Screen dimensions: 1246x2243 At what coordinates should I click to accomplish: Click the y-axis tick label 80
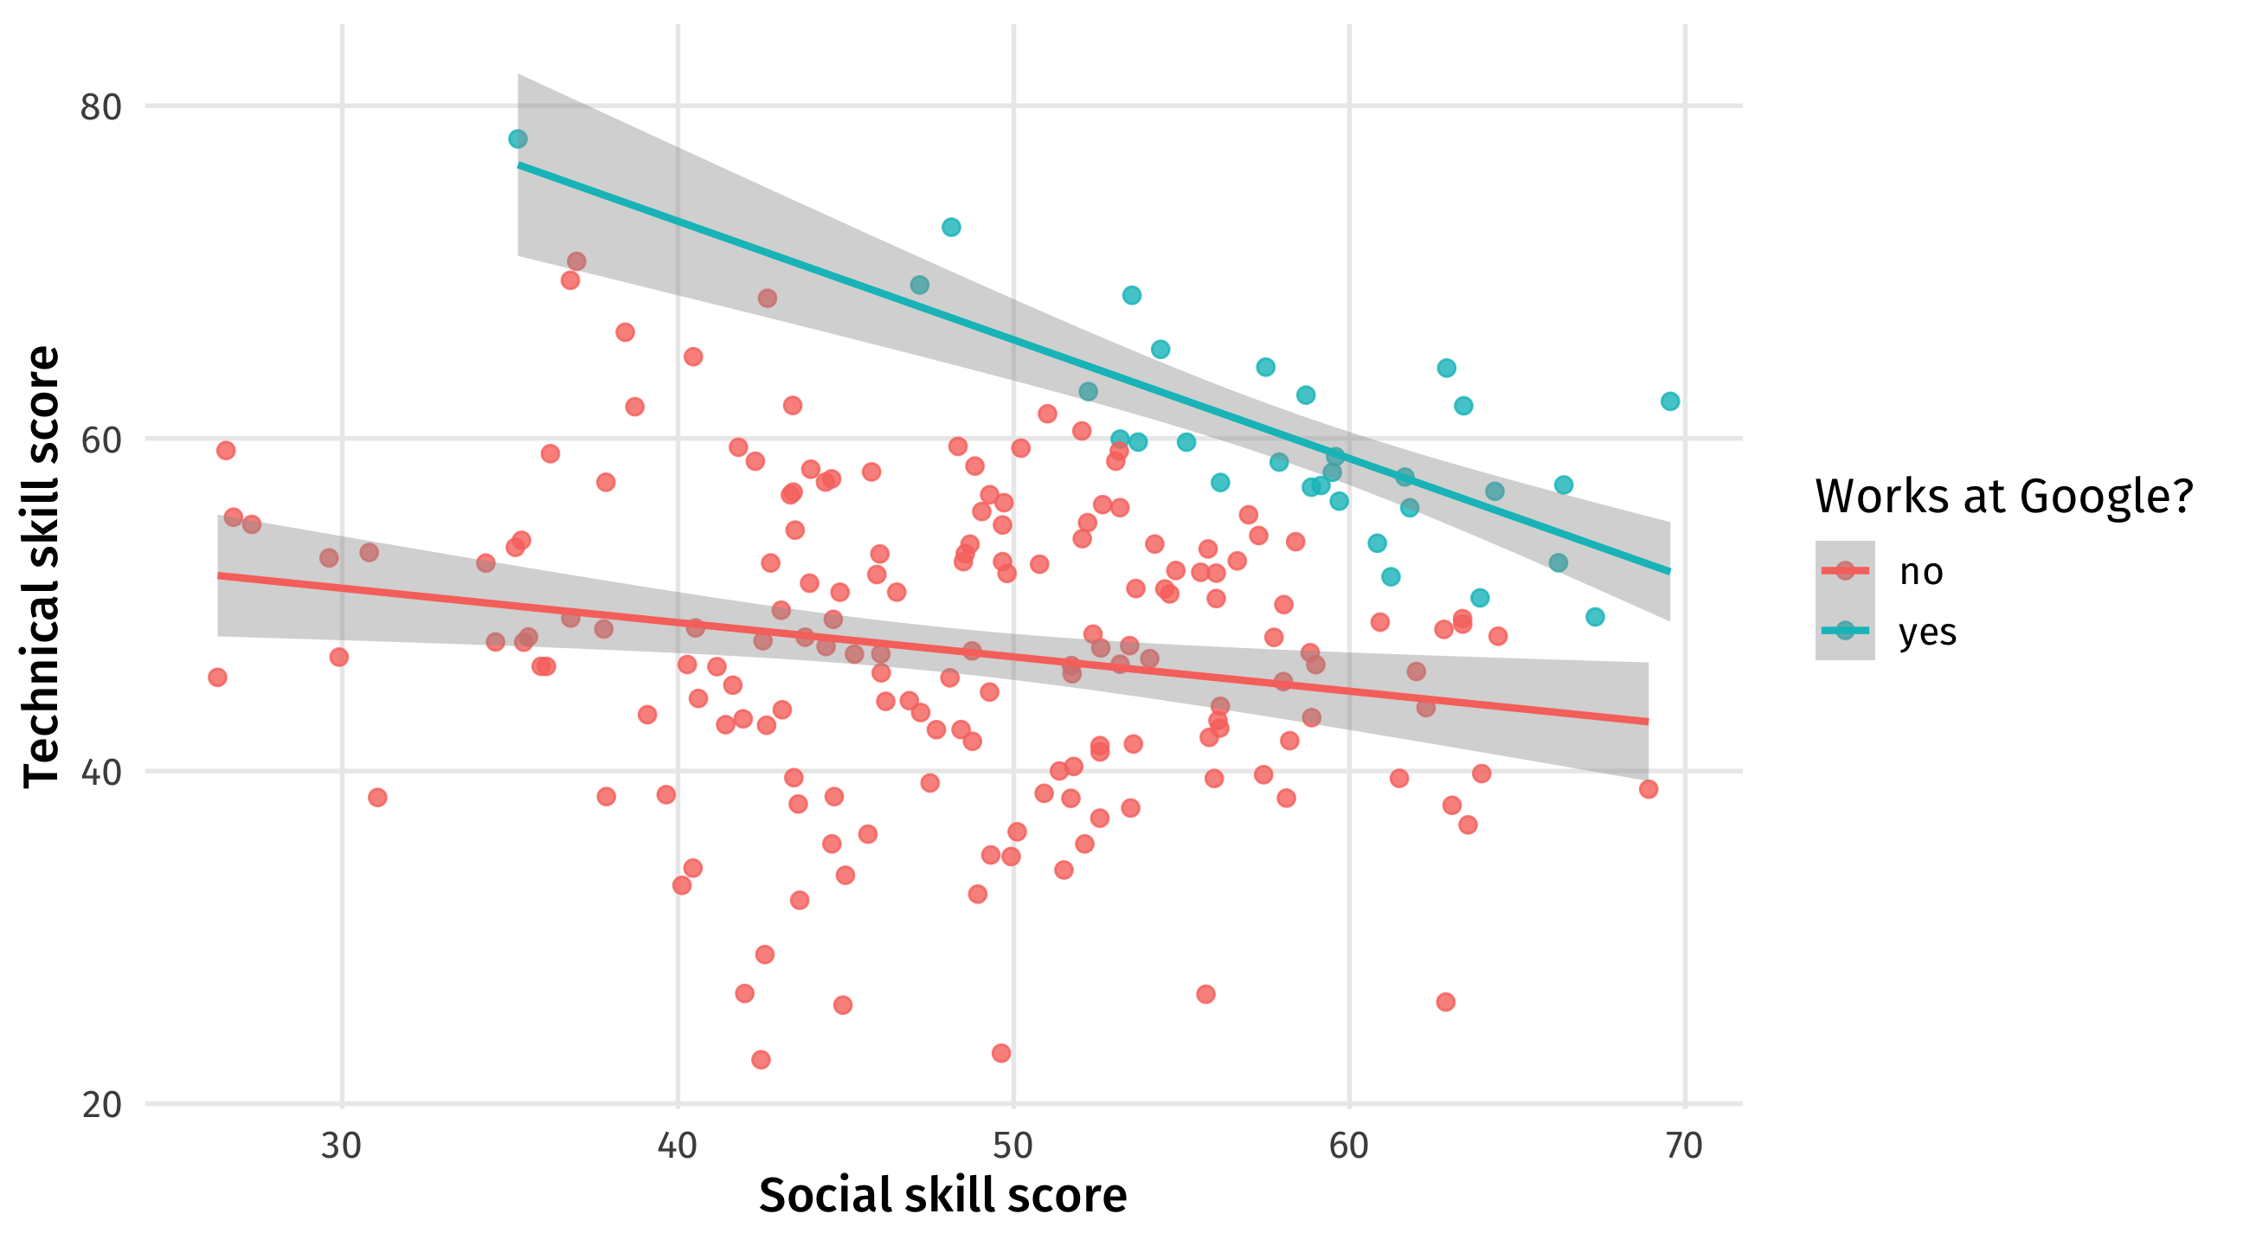tap(100, 107)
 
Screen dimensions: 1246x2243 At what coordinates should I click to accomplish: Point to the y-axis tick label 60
tap(100, 440)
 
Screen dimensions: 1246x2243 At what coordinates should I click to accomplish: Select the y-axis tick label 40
tap(100, 773)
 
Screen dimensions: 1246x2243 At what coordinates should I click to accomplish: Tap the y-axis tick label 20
tap(100, 1105)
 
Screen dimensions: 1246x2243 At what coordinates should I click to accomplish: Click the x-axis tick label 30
tap(341, 1146)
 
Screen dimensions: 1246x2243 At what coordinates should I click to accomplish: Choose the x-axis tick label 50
tap(1013, 1146)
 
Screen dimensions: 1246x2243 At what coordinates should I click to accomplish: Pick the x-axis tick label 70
tap(1685, 1146)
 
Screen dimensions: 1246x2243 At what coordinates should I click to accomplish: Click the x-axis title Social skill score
tap(942, 1196)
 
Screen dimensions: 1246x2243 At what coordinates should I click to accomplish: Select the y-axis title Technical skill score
tap(42, 567)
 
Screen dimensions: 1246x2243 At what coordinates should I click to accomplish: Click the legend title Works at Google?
tap(2002, 497)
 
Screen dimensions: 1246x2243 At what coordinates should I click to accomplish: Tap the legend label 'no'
tap(1921, 572)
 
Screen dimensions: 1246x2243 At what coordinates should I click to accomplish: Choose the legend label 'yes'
tap(1927, 633)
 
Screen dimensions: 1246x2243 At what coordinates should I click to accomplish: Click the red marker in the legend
tap(1844, 571)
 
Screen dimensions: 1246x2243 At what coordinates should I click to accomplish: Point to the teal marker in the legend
tap(1844, 632)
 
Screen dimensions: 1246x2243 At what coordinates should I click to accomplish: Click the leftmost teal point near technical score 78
tap(518, 139)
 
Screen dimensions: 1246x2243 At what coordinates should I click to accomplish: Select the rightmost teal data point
tap(1670, 401)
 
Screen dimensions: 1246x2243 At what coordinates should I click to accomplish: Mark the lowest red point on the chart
tap(761, 1060)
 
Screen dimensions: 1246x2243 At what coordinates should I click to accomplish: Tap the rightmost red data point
tap(1649, 790)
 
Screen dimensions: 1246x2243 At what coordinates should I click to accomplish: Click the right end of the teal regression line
tap(1669, 572)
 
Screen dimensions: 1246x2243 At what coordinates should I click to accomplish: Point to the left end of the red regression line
tap(219, 575)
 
